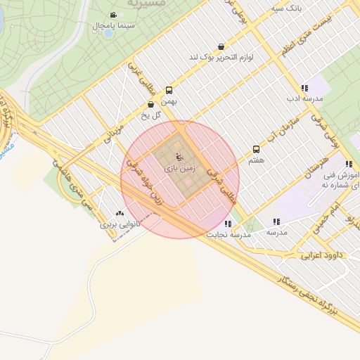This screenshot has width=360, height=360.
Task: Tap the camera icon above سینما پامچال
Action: (112, 15)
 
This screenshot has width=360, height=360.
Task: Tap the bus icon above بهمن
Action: (169, 90)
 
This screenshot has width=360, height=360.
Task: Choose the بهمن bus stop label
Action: (167, 101)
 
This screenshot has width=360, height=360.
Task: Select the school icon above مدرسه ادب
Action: (304, 88)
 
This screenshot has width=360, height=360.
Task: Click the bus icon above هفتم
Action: (256, 149)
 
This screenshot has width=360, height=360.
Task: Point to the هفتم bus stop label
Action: (256, 160)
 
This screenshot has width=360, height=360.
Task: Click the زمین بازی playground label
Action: (179, 169)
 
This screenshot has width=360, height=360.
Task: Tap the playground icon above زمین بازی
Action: (179, 155)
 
